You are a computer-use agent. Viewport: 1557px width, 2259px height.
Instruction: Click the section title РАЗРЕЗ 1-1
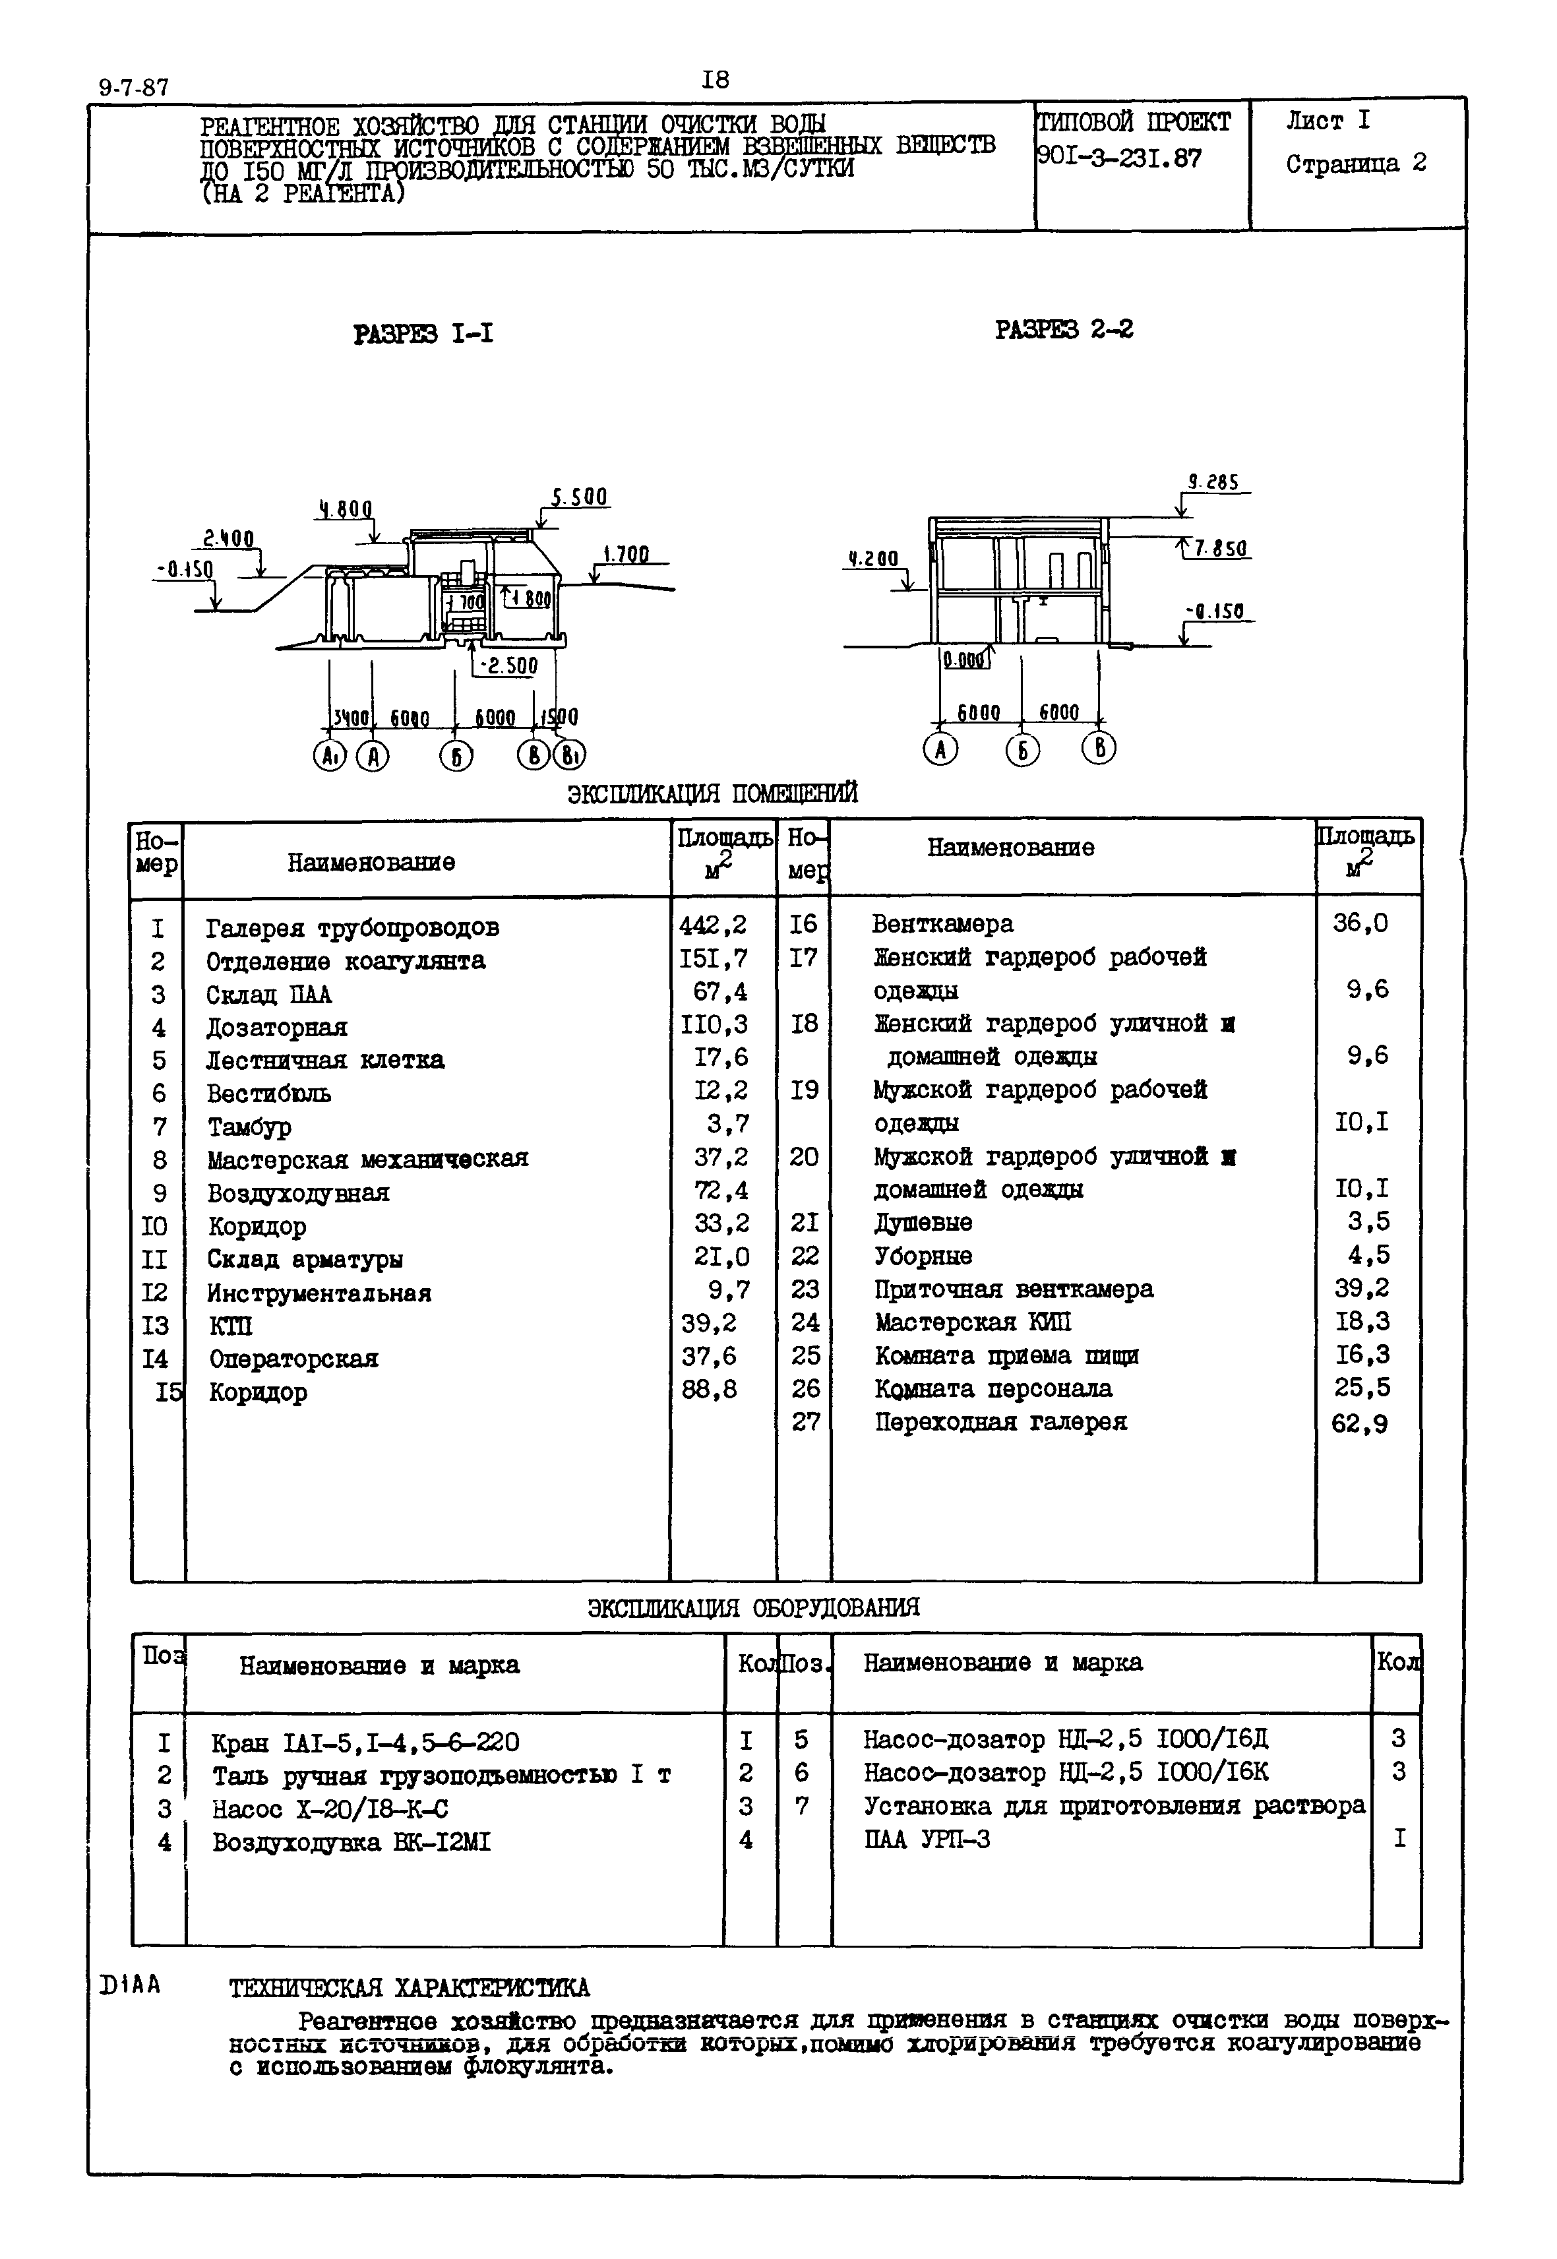coord(423,334)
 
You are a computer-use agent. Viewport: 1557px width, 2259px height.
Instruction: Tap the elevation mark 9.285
coord(1213,483)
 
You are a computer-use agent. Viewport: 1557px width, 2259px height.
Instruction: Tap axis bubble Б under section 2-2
coord(1022,749)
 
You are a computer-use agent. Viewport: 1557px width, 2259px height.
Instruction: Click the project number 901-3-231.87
coord(1119,158)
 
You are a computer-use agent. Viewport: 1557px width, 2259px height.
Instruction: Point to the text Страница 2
coord(1355,164)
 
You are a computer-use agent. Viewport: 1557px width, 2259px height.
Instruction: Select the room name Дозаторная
coord(276,1028)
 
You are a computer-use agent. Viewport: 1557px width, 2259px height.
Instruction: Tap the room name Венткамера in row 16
coord(942,924)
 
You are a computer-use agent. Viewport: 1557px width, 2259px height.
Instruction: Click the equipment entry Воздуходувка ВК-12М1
coord(351,1842)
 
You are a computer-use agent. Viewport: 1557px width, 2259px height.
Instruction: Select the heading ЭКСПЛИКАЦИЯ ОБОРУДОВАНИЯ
coord(753,1608)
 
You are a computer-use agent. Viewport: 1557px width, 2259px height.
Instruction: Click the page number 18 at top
coord(714,80)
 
